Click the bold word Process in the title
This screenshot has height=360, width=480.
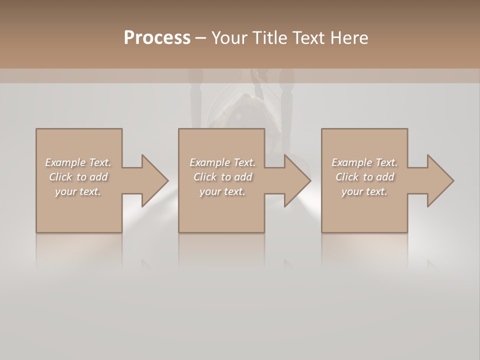[x=157, y=38]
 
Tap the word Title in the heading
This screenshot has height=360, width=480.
[x=270, y=38]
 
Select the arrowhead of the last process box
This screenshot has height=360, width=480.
[x=439, y=180]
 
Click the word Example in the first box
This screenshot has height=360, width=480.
[x=65, y=162]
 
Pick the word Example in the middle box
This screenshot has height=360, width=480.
[x=209, y=162]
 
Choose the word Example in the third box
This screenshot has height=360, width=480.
[x=351, y=162]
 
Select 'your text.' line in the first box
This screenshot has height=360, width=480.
[x=78, y=191]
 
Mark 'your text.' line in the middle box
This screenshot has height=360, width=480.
[x=222, y=191]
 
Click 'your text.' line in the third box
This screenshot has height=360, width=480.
[x=364, y=191]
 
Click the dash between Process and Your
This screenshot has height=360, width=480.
[x=200, y=38]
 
